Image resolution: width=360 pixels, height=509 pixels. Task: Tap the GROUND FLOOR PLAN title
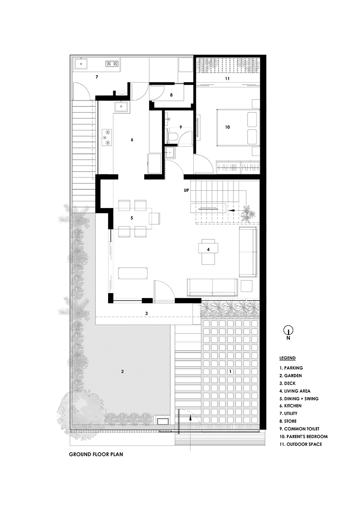[x=96, y=454]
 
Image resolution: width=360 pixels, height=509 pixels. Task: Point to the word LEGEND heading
[x=287, y=358]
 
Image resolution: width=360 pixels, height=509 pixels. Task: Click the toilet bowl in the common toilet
[x=172, y=137]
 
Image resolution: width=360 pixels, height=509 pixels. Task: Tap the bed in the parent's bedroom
[x=238, y=127]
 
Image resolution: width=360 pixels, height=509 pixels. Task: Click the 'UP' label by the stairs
[x=186, y=190]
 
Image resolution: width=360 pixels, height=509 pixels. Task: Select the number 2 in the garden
[x=122, y=371]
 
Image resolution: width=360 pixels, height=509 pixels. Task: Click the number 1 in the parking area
[x=230, y=371]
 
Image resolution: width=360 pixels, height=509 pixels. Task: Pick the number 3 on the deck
[x=147, y=314]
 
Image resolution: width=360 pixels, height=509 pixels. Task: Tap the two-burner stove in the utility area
[x=112, y=64]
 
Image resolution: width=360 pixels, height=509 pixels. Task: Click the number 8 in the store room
[x=171, y=95]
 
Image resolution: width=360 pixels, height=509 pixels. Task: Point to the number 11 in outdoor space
[x=227, y=79]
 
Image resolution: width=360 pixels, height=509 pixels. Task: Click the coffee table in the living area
[x=208, y=249]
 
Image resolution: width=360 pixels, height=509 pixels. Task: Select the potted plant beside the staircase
[x=248, y=213]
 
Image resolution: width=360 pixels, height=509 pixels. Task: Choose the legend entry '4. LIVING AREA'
[x=295, y=391]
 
